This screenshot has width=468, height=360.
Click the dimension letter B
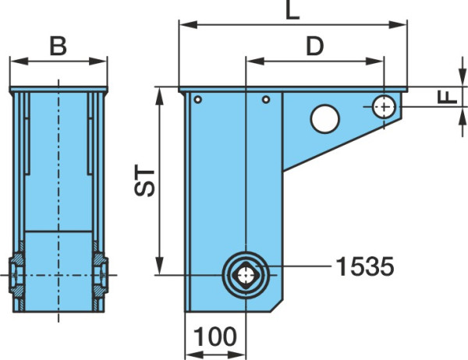[x=58, y=46]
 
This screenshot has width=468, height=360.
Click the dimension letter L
[x=292, y=11]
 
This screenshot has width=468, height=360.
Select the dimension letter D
[x=315, y=47]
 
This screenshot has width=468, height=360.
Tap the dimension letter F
[x=448, y=97]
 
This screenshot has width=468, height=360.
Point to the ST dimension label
[x=144, y=180]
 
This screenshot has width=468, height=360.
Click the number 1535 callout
[x=365, y=266]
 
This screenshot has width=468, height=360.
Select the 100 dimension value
[x=215, y=337]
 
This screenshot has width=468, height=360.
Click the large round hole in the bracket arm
[x=325, y=118]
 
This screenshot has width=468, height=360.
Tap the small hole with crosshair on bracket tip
[x=384, y=107]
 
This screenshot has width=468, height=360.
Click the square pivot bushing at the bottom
[x=246, y=275]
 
